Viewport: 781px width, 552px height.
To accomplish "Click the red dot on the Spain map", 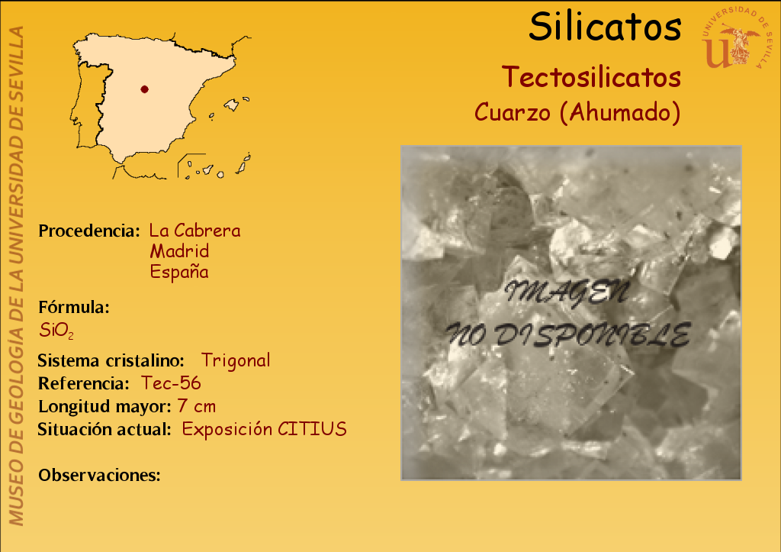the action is pyautogui.click(x=144, y=89).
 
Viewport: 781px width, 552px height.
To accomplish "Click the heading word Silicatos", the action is pyautogui.click(x=605, y=27).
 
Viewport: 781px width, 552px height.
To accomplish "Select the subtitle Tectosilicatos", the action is pyautogui.click(x=591, y=77).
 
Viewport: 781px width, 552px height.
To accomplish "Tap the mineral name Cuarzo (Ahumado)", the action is pyautogui.click(x=577, y=111).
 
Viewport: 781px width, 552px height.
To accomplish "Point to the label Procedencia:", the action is pyautogui.click(x=89, y=231).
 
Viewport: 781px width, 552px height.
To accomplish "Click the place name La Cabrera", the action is pyautogui.click(x=194, y=231).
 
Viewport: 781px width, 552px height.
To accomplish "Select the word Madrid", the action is pyautogui.click(x=179, y=251).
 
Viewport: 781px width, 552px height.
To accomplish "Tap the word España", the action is pyautogui.click(x=179, y=272).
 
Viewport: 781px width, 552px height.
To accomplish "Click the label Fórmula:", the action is pyautogui.click(x=74, y=307).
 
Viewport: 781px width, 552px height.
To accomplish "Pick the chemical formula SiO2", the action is pyautogui.click(x=56, y=330).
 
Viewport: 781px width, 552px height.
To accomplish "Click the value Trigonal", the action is pyautogui.click(x=236, y=360).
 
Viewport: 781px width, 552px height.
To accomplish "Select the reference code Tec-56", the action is pyautogui.click(x=171, y=383).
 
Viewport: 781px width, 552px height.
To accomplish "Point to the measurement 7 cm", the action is pyautogui.click(x=197, y=406).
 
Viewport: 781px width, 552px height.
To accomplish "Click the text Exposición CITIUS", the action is pyautogui.click(x=264, y=429).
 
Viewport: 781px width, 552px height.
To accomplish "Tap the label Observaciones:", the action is pyautogui.click(x=100, y=475).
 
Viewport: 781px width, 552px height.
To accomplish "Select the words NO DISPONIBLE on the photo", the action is pyautogui.click(x=567, y=334).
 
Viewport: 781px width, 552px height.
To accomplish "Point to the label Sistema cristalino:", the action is pyautogui.click(x=111, y=360).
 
